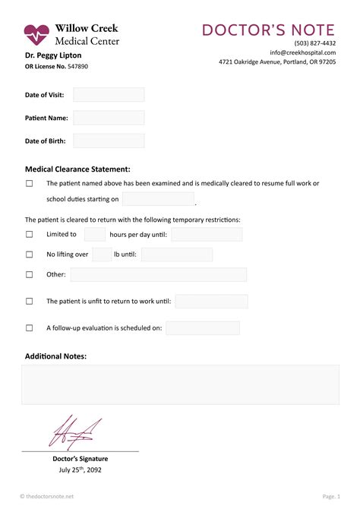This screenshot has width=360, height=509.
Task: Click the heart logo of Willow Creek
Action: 36,34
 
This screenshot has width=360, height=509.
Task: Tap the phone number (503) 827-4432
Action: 314,43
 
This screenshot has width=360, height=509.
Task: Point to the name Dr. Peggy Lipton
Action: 53,55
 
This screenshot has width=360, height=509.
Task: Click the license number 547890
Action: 77,67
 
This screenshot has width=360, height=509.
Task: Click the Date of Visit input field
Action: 109,95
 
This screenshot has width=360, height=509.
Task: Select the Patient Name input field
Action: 109,118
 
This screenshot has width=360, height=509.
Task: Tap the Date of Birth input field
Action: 109,141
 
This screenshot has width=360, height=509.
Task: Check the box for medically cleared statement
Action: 30,183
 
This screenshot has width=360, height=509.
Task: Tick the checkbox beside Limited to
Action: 30,235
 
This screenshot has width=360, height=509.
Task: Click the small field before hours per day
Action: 95,235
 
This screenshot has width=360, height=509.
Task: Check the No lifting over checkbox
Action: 30,254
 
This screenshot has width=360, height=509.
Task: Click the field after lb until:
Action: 177,254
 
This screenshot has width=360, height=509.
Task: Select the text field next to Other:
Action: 158,274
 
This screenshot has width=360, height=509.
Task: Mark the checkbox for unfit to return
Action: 30,301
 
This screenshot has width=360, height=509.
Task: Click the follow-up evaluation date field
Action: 203,328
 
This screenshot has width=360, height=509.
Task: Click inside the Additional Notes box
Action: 180,384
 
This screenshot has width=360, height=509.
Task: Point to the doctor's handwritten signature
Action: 73,432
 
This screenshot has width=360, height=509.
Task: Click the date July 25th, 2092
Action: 80,469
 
